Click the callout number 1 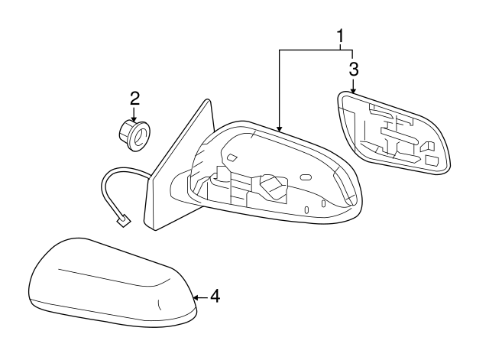pyautogui.click(x=340, y=35)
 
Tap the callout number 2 pyautogui.click(x=134, y=98)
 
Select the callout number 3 pyautogui.click(x=353, y=69)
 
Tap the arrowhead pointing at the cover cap pyautogui.click(x=196, y=296)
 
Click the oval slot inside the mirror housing pyautogui.click(x=306, y=177)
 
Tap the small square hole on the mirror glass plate pyautogui.click(x=432, y=161)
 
